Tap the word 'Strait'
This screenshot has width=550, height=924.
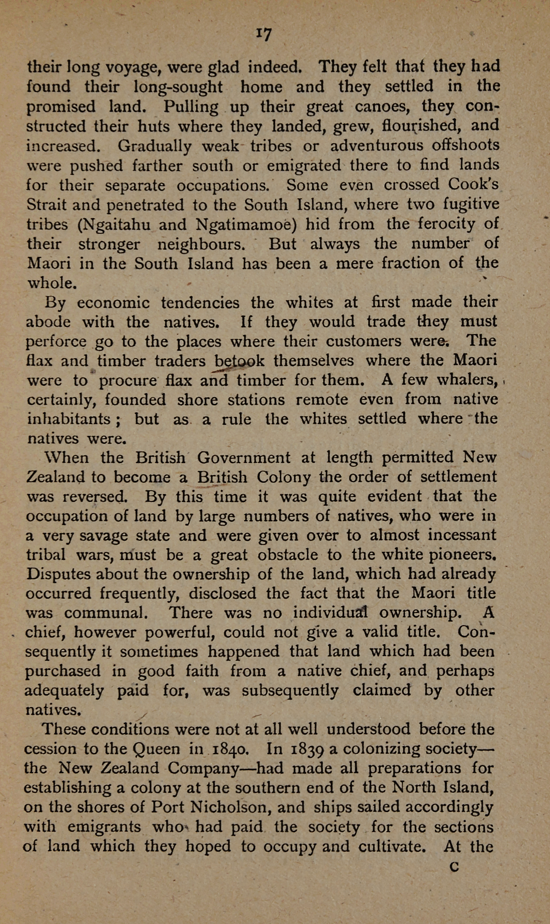46,205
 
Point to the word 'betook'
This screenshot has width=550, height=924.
239,361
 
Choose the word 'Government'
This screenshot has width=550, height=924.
244,458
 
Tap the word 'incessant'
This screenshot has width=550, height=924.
462,536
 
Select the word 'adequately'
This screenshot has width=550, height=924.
64,691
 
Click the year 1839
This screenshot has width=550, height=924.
307,749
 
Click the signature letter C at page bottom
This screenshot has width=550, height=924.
454,866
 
